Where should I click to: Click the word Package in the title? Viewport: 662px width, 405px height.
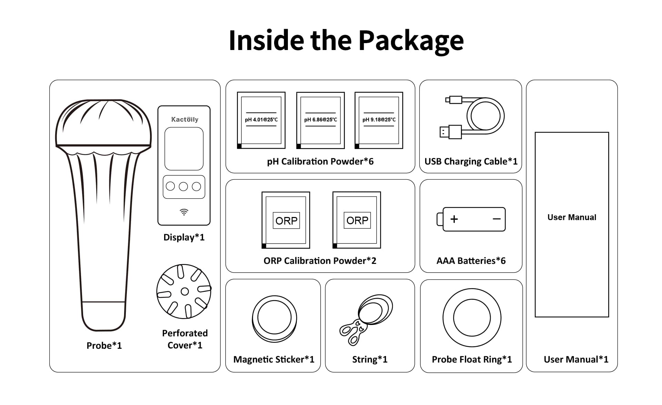click(x=411, y=41)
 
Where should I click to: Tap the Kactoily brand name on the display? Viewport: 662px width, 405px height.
click(x=185, y=119)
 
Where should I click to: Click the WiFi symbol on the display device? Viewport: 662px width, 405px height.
click(x=184, y=212)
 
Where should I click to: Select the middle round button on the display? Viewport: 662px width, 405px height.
click(x=183, y=187)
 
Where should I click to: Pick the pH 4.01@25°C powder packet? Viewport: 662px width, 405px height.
click(x=261, y=120)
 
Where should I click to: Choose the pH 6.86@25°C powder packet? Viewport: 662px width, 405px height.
click(x=320, y=120)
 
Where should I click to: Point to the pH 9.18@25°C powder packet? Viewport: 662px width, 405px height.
click(x=379, y=120)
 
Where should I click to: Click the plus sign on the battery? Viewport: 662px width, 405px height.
click(x=454, y=219)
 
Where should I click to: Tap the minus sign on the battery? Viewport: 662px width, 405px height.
click(x=496, y=219)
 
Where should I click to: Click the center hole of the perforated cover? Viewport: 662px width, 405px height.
click(x=185, y=292)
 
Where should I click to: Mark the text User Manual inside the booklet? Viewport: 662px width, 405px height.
click(x=572, y=217)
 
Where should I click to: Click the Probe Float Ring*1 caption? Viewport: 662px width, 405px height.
click(x=472, y=359)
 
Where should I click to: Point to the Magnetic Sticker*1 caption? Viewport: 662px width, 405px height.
click(x=274, y=359)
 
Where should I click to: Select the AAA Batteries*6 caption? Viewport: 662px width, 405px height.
click(x=471, y=261)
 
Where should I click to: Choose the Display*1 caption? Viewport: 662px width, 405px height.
click(x=184, y=237)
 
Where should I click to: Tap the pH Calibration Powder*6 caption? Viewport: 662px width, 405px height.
click(x=320, y=161)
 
